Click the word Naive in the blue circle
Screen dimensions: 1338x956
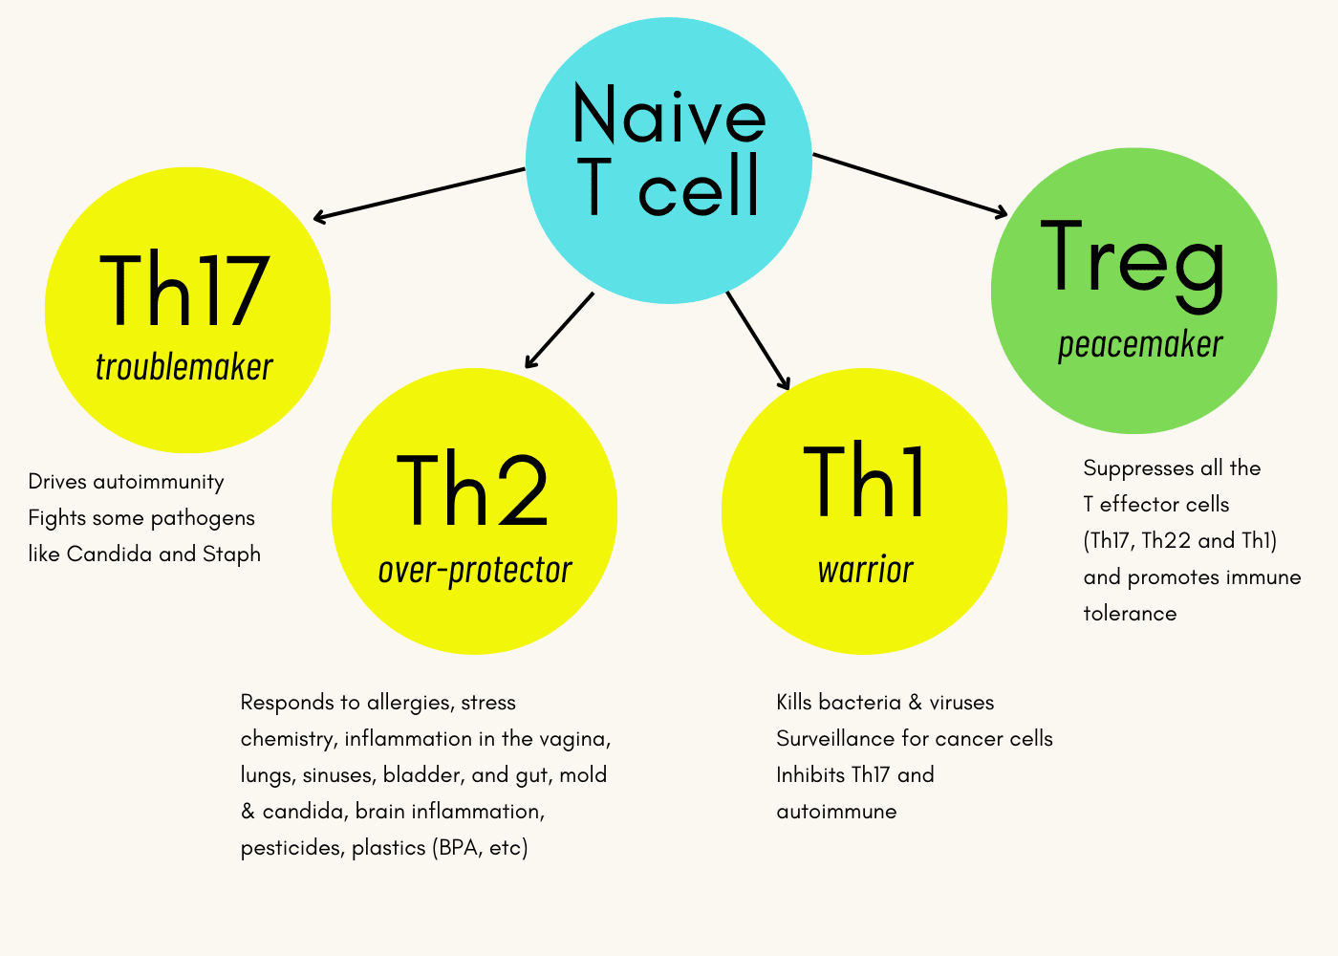[x=669, y=114]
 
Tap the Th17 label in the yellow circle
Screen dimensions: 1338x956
[x=184, y=290]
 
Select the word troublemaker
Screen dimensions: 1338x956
[x=183, y=366]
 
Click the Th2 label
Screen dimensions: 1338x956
[x=472, y=489]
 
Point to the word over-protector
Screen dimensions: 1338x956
[x=475, y=570]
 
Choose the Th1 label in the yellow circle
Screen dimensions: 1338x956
[x=864, y=480]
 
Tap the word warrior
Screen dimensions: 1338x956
[x=866, y=570]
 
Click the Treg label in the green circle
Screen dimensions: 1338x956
[x=1133, y=266]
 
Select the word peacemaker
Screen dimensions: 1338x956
[x=1140, y=345]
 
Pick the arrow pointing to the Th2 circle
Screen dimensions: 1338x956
[x=559, y=331]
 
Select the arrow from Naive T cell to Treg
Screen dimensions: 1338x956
[x=910, y=185]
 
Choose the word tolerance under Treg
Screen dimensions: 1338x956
[x=1130, y=614]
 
